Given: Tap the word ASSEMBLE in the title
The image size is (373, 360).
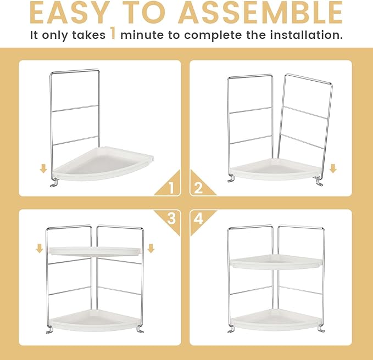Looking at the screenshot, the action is [x=260, y=13].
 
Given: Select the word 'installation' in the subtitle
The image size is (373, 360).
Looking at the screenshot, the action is [x=306, y=35].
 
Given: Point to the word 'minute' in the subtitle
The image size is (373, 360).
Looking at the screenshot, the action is [x=142, y=35].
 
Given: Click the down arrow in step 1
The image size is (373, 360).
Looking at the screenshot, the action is [x=43, y=169].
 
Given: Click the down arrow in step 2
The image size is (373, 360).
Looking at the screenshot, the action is [x=333, y=168].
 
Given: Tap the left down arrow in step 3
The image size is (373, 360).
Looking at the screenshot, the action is [x=40, y=249].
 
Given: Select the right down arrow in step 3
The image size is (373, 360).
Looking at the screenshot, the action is [x=151, y=249].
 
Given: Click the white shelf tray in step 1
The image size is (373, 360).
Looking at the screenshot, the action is [x=103, y=164].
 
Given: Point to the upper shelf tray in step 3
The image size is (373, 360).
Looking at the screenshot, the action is [x=94, y=251].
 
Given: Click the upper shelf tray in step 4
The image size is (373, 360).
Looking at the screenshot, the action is [x=276, y=262].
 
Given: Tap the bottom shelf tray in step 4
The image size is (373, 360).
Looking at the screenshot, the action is [x=276, y=319].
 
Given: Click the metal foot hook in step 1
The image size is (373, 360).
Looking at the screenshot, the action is [x=54, y=182].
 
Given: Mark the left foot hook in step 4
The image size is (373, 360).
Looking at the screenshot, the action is [x=231, y=329].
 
